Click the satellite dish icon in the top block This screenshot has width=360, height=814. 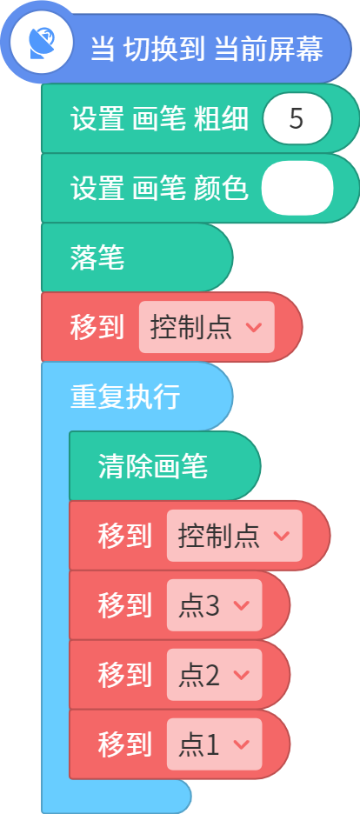(42, 43)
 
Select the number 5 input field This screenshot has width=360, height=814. (297, 119)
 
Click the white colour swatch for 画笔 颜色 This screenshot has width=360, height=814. (297, 189)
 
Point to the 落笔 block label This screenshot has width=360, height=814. (97, 258)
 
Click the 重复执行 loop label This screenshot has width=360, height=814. (125, 397)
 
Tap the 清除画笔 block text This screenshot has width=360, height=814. (153, 466)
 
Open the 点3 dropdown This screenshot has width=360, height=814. (214, 605)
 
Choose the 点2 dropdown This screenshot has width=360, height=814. (214, 675)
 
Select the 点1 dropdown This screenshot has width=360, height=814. (214, 744)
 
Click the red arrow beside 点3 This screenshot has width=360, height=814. (242, 605)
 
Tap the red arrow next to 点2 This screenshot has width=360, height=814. (242, 675)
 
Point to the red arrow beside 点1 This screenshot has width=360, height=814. (242, 744)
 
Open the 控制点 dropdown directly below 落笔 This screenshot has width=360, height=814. (206, 327)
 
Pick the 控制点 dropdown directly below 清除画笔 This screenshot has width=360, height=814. (235, 536)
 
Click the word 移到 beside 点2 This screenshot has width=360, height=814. (125, 675)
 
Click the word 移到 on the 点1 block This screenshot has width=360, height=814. (125, 744)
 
